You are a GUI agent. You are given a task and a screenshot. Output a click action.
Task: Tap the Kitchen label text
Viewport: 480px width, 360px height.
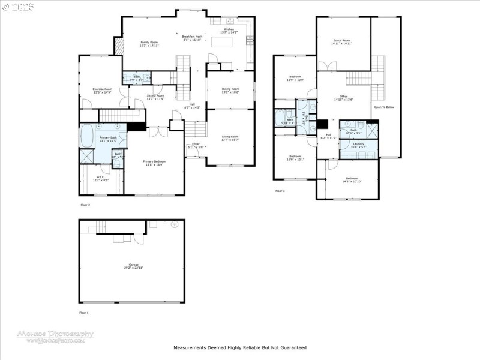[229, 29]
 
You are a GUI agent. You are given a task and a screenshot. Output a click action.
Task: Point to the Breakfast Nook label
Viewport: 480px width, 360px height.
[192, 36]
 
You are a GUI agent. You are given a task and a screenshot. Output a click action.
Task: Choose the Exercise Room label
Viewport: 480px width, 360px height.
[102, 89]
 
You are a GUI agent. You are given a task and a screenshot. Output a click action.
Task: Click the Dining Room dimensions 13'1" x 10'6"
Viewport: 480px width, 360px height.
[230, 92]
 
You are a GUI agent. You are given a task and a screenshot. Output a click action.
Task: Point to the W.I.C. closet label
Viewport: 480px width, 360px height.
[101, 176]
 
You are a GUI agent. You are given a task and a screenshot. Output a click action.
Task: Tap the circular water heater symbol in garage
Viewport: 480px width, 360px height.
[175, 225]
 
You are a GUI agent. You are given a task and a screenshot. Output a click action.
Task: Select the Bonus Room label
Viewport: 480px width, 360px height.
[342, 40]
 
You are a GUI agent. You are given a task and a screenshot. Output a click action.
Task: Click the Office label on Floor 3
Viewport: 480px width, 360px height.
[344, 96]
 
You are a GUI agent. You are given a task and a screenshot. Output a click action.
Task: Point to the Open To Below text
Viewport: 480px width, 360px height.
[384, 107]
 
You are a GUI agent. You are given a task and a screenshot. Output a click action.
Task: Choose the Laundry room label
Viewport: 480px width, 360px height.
[359, 144]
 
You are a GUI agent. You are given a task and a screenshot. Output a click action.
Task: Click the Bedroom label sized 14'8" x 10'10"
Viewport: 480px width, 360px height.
[352, 178]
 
